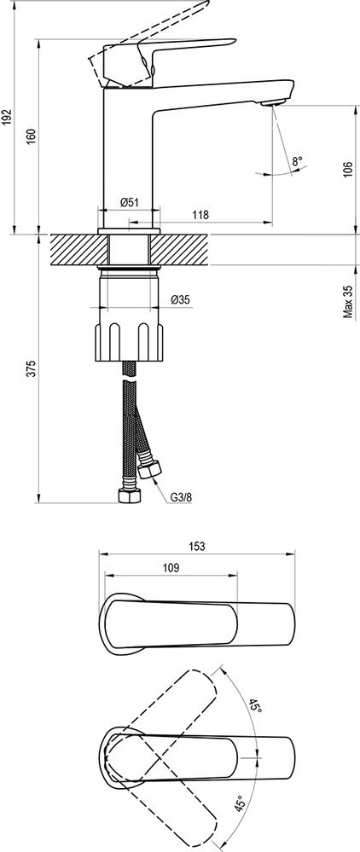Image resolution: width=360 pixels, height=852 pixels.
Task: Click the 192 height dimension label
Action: point(7,117)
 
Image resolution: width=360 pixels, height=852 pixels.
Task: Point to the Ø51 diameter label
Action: point(130,202)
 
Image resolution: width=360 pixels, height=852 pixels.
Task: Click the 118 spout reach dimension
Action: point(200,215)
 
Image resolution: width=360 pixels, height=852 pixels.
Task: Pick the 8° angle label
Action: point(297,161)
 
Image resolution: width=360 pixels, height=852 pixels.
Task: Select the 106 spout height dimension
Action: point(349,170)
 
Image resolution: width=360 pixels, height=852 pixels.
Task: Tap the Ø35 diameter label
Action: point(180,299)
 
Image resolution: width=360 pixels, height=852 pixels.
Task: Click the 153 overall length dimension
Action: point(197,547)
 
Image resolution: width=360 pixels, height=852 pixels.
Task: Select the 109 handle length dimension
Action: point(171,567)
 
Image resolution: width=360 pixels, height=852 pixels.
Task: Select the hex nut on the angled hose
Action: point(148,468)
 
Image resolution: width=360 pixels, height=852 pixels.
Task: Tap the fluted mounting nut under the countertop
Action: point(129,342)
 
